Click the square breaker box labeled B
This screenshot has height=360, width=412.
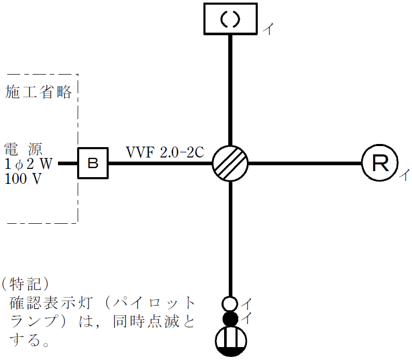click(93, 163)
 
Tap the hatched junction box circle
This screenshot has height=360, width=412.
click(230, 163)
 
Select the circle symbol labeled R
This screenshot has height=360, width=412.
click(380, 163)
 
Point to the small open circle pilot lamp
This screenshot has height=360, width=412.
click(230, 303)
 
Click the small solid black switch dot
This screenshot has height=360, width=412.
click(230, 318)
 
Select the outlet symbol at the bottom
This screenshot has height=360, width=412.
click(231, 341)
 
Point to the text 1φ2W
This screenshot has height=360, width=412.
click(29, 164)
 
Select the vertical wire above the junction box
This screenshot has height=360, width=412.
click(230, 88)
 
